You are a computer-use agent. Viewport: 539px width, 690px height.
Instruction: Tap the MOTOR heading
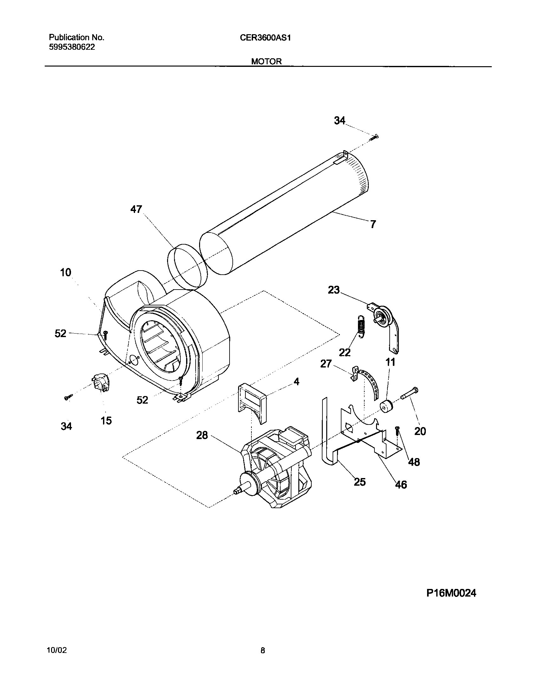266,61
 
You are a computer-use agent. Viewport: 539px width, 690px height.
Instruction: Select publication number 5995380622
72,47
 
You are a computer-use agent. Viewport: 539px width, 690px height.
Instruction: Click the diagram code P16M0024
451,593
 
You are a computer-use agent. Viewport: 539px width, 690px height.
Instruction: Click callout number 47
136,209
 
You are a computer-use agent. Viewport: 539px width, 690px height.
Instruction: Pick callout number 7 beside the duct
373,224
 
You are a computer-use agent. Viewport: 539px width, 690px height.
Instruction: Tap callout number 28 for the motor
202,435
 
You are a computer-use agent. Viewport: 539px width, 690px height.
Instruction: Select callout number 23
334,290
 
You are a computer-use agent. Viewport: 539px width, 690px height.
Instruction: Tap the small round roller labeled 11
386,406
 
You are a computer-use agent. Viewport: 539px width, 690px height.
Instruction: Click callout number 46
401,484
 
